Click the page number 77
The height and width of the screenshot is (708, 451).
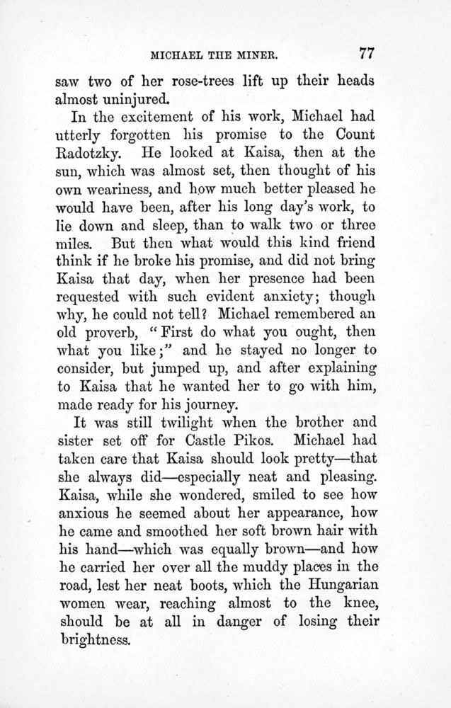pyautogui.click(x=366, y=53)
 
